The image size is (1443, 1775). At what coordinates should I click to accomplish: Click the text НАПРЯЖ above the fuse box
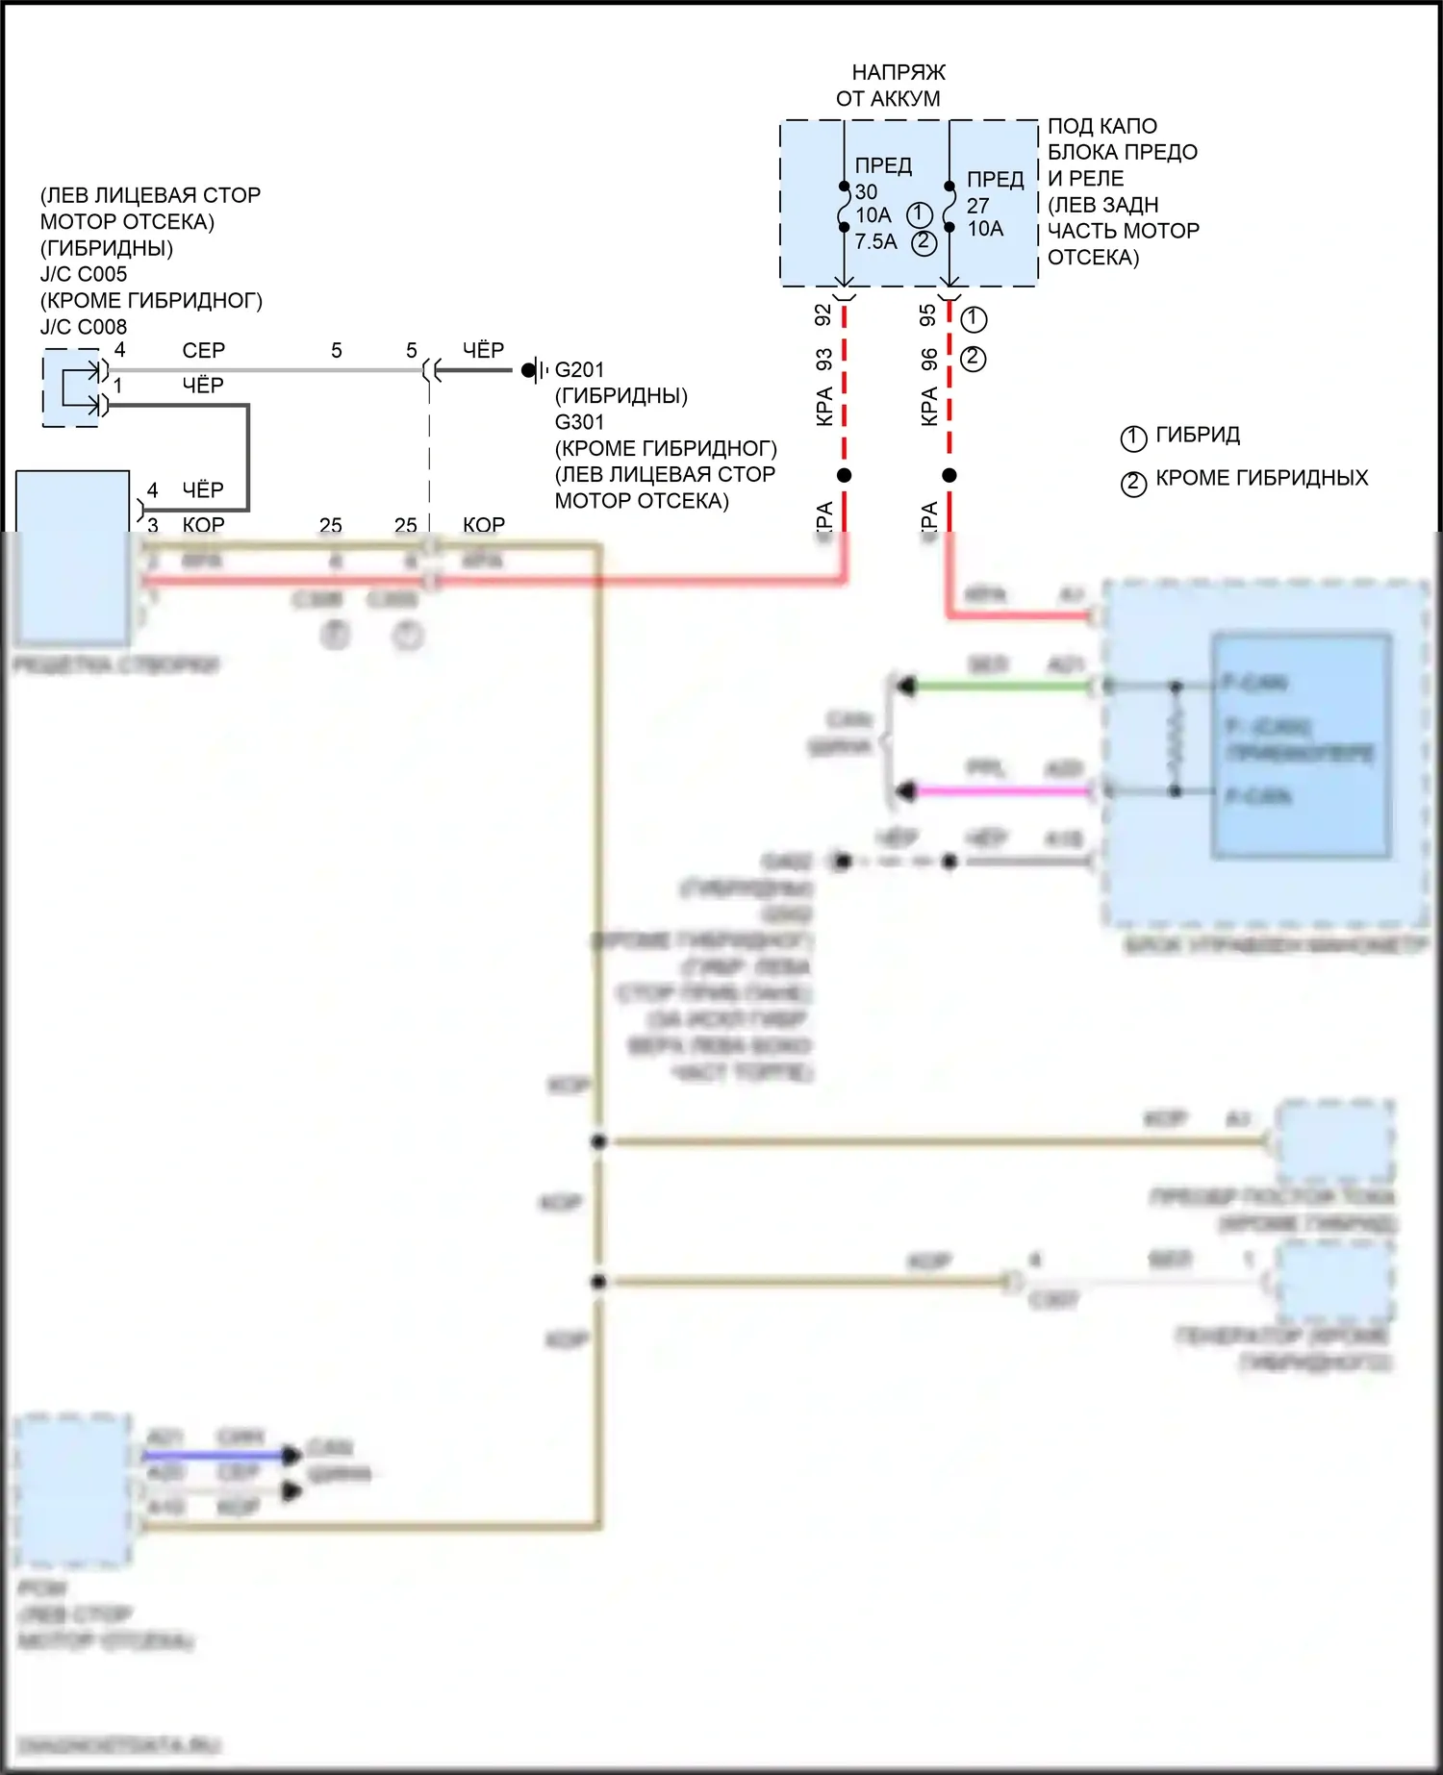tap(899, 73)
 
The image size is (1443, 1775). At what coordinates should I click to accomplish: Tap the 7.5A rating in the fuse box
tap(875, 242)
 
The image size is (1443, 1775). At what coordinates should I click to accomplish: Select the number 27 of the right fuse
tap(978, 206)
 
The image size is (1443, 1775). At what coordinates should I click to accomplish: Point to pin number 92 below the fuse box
tap(823, 314)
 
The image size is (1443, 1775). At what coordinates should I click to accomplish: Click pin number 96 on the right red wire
tap(928, 360)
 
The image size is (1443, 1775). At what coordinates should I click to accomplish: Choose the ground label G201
tap(580, 370)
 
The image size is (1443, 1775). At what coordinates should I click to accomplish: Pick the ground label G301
tap(580, 422)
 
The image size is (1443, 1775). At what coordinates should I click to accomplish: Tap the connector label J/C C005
tap(84, 274)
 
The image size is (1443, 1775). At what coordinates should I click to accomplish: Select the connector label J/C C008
tap(84, 327)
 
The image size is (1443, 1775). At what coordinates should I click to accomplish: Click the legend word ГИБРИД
tap(1198, 436)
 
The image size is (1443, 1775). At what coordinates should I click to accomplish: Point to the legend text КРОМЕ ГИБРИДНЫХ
tap(1261, 478)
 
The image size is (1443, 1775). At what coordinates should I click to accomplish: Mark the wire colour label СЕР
tap(204, 351)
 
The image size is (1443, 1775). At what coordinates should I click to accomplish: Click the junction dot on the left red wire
tap(845, 475)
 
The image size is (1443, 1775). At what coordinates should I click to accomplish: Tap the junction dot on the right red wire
tap(949, 475)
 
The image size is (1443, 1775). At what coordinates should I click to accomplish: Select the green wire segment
tap(1000, 687)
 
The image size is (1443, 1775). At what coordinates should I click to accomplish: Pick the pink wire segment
tap(1000, 791)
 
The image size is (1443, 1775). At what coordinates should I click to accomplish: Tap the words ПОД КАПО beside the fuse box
tap(1102, 126)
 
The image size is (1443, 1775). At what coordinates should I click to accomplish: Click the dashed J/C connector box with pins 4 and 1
tap(71, 388)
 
